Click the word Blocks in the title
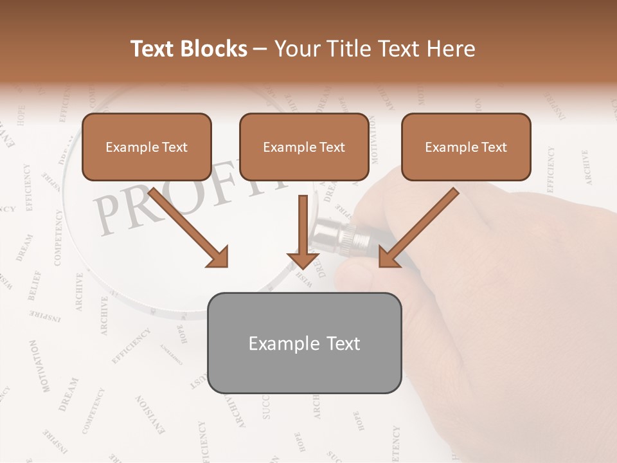pyautogui.click(x=215, y=49)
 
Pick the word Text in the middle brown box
pyautogui.click(x=332, y=147)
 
